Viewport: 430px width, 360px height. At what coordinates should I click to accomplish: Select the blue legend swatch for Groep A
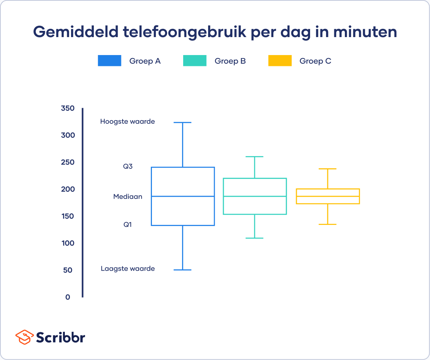pos(109,61)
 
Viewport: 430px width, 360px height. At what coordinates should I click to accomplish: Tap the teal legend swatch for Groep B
pos(194,61)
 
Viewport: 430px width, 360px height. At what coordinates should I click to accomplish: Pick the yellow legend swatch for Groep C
pos(280,61)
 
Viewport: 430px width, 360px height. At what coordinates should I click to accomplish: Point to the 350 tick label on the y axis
pos(68,109)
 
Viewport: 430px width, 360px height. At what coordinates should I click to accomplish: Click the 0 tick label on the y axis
pos(68,297)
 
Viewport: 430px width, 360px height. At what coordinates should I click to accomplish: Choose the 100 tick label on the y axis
pos(68,243)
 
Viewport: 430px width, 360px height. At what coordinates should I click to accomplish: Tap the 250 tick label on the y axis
pos(68,162)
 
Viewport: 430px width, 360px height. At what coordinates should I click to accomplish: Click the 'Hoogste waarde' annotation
pos(127,121)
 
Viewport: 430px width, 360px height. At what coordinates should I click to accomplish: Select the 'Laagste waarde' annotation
pos(128,269)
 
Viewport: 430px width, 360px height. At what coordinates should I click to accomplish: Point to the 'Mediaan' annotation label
pos(128,197)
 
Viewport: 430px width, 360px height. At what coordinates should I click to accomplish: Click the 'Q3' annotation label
pos(128,166)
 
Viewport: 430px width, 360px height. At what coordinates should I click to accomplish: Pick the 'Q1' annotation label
pos(128,225)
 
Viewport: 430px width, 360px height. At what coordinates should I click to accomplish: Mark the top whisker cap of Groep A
pos(182,123)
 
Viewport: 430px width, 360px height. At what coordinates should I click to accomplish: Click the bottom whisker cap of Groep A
pos(182,270)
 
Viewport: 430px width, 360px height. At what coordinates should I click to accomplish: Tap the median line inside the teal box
pos(255,196)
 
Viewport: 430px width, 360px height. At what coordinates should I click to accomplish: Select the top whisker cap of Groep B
pos(255,157)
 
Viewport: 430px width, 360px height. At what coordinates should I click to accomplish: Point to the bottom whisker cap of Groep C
pos(328,225)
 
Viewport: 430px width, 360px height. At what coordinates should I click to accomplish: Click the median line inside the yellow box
pos(328,196)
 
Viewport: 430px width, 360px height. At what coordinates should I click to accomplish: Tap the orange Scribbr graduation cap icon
pos(24,337)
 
